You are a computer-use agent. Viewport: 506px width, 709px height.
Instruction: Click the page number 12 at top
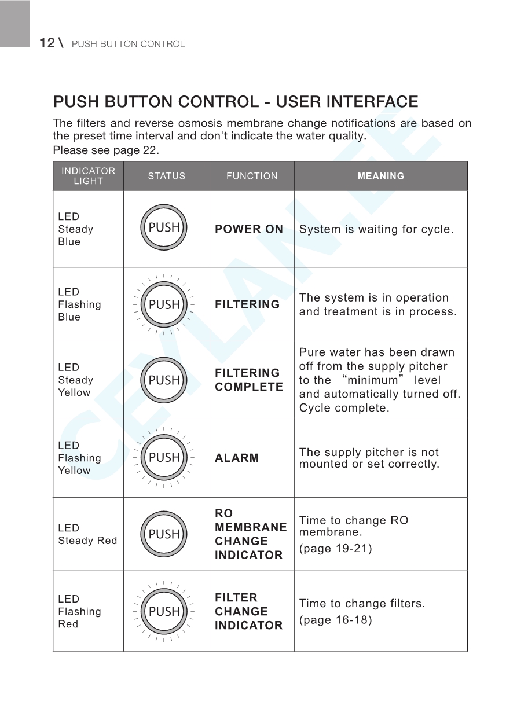pyautogui.click(x=47, y=43)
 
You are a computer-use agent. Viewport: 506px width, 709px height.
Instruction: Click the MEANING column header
pyautogui.click(x=380, y=176)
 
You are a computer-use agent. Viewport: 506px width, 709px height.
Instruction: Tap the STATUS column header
pyautogui.click(x=167, y=176)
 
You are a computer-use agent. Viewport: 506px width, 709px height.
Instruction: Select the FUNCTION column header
pyautogui.click(x=252, y=176)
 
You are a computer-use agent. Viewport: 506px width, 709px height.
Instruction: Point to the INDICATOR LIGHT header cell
pyautogui.click(x=88, y=176)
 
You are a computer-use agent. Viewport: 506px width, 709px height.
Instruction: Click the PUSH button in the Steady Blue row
pyautogui.click(x=164, y=228)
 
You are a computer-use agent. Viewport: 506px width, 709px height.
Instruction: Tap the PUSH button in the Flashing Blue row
pyautogui.click(x=164, y=304)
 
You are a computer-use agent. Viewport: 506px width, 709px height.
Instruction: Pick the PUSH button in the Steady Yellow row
pyautogui.click(x=164, y=380)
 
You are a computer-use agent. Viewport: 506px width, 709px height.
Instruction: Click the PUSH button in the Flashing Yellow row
pyautogui.click(x=164, y=458)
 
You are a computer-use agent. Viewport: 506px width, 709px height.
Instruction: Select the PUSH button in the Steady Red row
pyautogui.click(x=164, y=534)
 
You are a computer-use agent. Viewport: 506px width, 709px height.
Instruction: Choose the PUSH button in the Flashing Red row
pyautogui.click(x=164, y=612)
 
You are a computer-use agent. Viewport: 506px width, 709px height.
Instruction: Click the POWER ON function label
pyautogui.click(x=249, y=229)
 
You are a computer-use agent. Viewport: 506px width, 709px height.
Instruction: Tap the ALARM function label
pyautogui.click(x=237, y=458)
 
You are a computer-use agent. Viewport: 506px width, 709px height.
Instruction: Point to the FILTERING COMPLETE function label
pyautogui.click(x=249, y=380)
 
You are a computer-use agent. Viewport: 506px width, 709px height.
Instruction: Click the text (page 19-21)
pyautogui.click(x=335, y=549)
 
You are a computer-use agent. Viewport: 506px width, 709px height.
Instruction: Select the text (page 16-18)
pyautogui.click(x=335, y=620)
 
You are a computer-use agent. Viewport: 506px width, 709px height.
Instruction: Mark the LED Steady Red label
pyautogui.click(x=87, y=534)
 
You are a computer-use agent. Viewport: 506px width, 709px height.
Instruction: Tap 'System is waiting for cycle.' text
pyautogui.click(x=376, y=229)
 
